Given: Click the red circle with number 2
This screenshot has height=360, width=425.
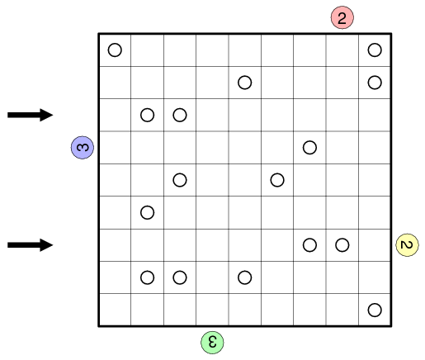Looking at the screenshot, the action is tap(342, 17).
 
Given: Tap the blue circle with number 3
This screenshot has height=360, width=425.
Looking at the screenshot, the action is tap(83, 148).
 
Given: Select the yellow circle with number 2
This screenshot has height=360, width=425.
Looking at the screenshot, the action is tap(407, 245).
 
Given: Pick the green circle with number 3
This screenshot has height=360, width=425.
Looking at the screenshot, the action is tap(212, 343).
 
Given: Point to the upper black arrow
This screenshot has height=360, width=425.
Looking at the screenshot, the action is tap(31, 115).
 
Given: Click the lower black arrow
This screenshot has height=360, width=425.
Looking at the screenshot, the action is tap(31, 245).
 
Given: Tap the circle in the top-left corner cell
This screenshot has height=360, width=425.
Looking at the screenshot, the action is tap(115, 50).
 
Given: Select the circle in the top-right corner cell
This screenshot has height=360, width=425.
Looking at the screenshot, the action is tap(375, 50).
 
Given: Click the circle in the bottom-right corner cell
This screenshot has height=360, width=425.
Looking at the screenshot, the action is tap(375, 310).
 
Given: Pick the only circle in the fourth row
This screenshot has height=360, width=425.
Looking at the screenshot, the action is tap(309, 148).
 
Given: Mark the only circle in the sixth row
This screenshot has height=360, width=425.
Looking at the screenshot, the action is tap(148, 212).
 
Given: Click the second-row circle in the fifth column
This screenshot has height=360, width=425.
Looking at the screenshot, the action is tap(245, 83).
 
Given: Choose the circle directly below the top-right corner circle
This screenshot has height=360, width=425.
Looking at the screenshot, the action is tap(375, 83).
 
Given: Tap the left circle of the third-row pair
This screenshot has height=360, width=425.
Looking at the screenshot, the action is tap(148, 115).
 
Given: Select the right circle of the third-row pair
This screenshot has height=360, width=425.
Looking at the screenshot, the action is tap(180, 115).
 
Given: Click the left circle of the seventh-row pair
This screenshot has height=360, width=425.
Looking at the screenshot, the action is tap(309, 245).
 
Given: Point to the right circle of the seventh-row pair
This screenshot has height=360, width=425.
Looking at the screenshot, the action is tap(342, 245).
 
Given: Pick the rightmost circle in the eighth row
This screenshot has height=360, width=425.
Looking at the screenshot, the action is tap(245, 277).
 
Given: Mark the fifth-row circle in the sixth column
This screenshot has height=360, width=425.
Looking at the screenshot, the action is tap(277, 180).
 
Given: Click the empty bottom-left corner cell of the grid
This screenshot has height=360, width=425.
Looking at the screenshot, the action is tap(115, 310).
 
